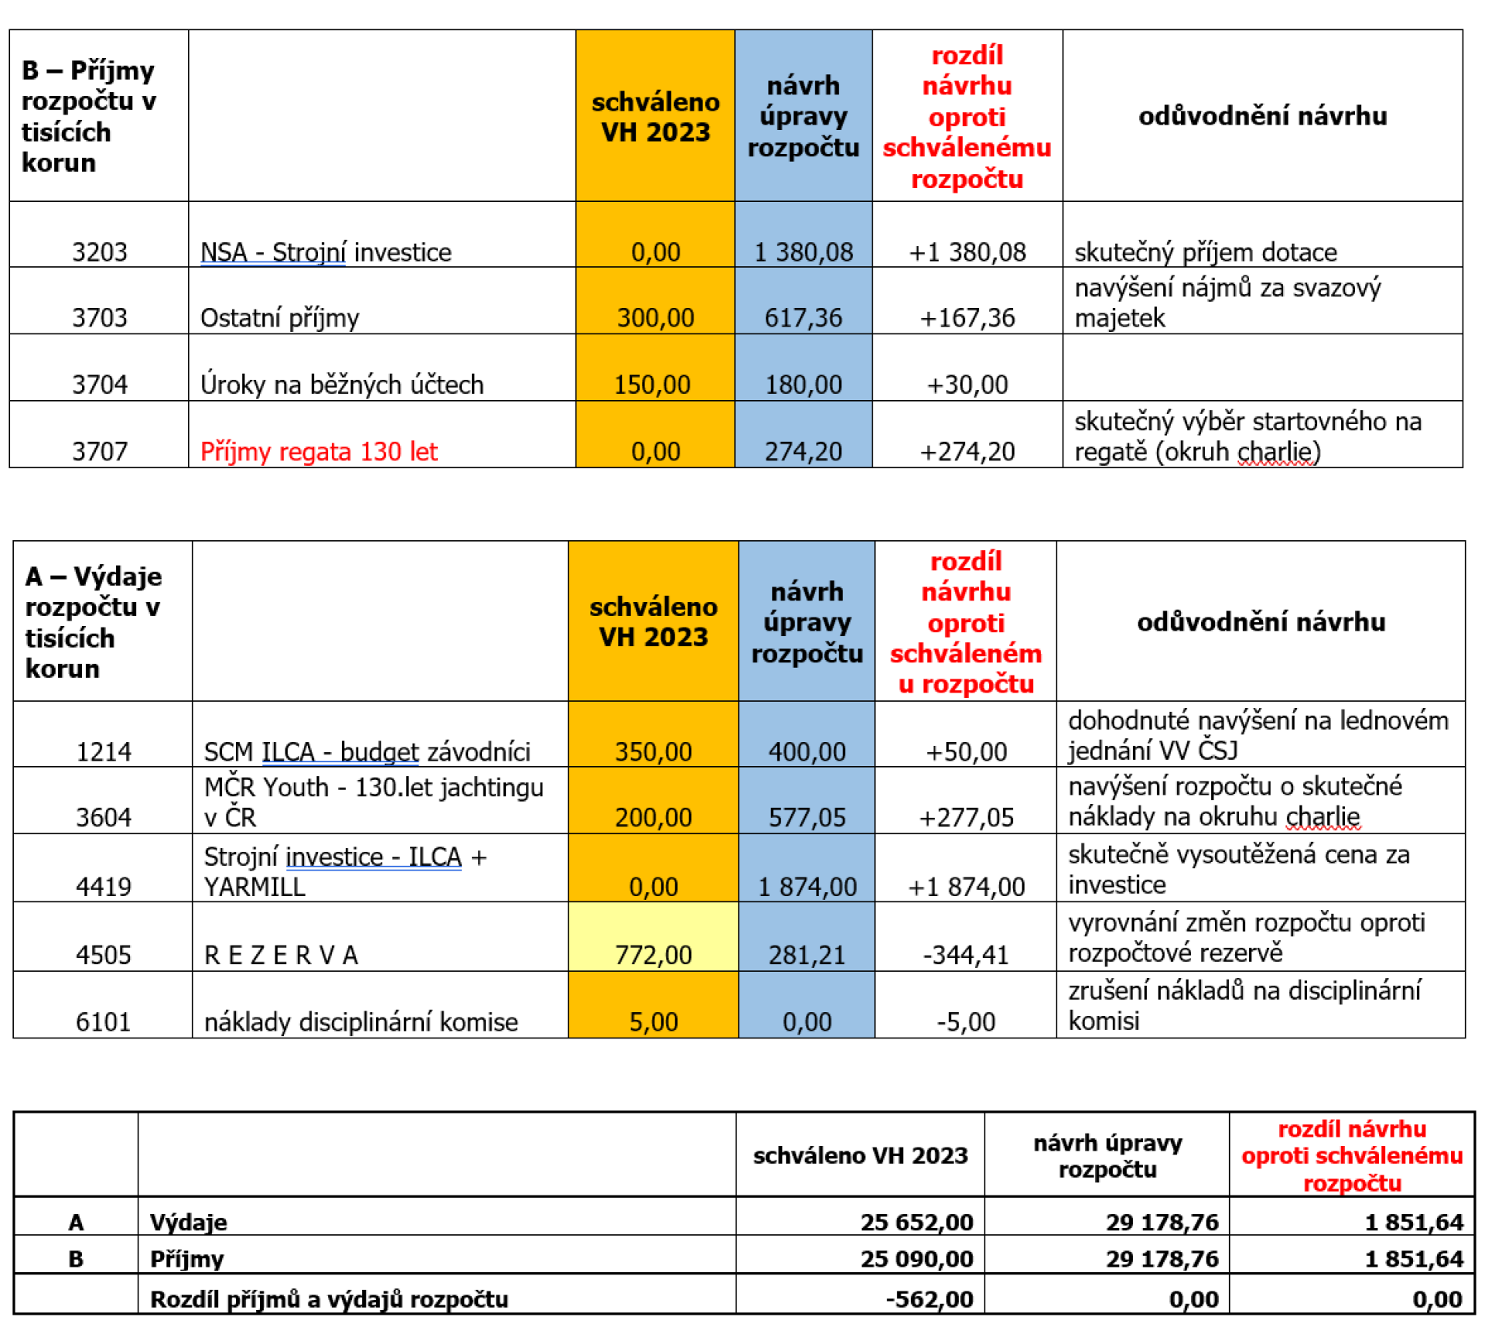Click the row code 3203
tap(99, 252)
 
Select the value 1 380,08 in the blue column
tap(804, 252)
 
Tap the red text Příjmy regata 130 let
tap(319, 451)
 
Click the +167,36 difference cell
tap(967, 318)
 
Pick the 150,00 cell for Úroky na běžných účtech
tap(652, 385)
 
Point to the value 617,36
tap(804, 318)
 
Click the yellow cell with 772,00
tap(654, 955)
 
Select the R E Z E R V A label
tap(281, 956)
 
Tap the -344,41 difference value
tap(966, 955)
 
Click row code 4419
tap(103, 887)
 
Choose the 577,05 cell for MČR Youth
tap(807, 818)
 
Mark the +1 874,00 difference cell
tap(966, 887)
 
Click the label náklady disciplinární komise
tap(360, 1022)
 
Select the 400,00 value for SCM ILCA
tap(807, 751)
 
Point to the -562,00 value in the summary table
tap(929, 1299)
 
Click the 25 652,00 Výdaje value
tap(917, 1223)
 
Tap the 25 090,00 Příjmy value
tap(917, 1259)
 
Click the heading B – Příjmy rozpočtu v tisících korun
tap(89, 116)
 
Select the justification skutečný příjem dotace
tap(1205, 252)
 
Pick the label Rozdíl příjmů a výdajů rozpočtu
tap(329, 1299)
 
